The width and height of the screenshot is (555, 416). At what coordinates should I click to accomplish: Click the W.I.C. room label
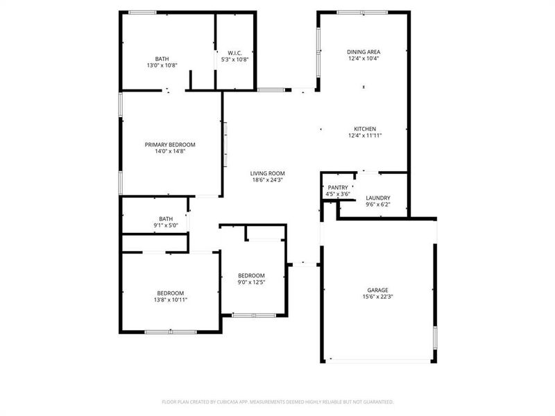[x=234, y=53]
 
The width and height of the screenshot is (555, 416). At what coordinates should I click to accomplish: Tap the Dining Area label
[x=364, y=52]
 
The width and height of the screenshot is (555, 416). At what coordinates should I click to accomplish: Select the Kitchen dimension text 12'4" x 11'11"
[x=365, y=136]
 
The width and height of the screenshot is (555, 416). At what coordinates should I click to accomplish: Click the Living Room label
[x=268, y=173]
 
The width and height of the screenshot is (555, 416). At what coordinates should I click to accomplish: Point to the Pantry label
[x=338, y=187]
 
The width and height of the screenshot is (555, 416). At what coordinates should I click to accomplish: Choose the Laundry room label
[x=378, y=198]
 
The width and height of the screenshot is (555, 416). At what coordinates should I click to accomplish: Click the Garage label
[x=377, y=290]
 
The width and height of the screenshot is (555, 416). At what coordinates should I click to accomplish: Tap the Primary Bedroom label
[x=170, y=145]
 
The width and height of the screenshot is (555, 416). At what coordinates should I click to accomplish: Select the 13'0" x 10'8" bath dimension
[x=162, y=66]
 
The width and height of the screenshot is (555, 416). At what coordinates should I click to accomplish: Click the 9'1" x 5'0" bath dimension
[x=166, y=225]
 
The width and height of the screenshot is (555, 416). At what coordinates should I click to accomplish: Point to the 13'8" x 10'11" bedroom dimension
[x=170, y=300]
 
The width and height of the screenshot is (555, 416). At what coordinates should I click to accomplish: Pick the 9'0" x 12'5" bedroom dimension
[x=251, y=282]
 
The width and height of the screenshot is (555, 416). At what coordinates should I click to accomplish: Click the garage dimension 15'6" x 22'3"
[x=377, y=297]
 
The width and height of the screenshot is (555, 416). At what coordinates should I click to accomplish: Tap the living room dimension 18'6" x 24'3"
[x=268, y=180]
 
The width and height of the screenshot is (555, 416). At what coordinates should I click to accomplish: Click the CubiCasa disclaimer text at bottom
[x=277, y=401]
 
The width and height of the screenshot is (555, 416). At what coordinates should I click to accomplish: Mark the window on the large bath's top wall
[x=142, y=12]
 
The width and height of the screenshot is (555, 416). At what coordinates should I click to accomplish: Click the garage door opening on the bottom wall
[x=379, y=361]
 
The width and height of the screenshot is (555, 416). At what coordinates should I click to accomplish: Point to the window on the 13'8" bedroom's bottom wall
[x=169, y=331]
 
